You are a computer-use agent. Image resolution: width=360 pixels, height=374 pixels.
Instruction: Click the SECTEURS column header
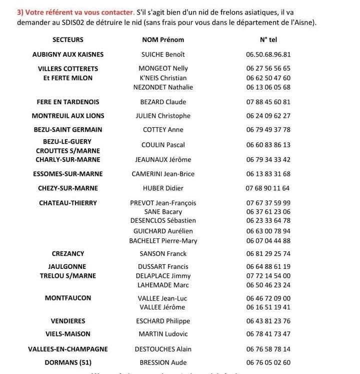67,40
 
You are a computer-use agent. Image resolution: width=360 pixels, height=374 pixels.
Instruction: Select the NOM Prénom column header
163,40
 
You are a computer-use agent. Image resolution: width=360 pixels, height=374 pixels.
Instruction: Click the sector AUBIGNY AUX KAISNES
68,55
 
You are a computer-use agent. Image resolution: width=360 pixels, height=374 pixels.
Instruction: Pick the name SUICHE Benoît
163,55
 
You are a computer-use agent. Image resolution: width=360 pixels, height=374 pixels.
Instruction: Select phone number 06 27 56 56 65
268,69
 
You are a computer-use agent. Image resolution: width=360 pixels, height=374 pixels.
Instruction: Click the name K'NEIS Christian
163,78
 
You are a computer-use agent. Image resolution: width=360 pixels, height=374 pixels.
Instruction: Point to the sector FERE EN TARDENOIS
68,102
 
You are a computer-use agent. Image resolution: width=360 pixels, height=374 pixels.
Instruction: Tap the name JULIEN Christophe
163,116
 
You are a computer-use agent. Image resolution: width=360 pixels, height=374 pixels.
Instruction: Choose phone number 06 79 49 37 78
268,130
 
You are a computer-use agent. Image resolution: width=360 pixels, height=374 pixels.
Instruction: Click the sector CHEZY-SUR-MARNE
68,188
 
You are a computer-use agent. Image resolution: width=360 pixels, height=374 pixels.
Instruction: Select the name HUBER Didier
163,188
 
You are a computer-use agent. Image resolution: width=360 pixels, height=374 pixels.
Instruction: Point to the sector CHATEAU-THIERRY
68,203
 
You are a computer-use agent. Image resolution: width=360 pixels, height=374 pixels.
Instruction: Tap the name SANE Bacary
163,212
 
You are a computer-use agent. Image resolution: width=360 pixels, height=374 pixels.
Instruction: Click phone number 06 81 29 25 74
268,254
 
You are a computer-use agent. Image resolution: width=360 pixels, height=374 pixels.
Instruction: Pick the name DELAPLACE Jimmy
163,276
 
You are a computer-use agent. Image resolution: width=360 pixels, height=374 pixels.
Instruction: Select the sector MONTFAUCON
68,298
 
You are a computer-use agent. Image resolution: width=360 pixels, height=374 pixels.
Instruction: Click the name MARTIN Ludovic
163,334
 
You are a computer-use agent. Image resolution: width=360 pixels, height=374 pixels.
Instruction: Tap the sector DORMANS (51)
68,362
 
